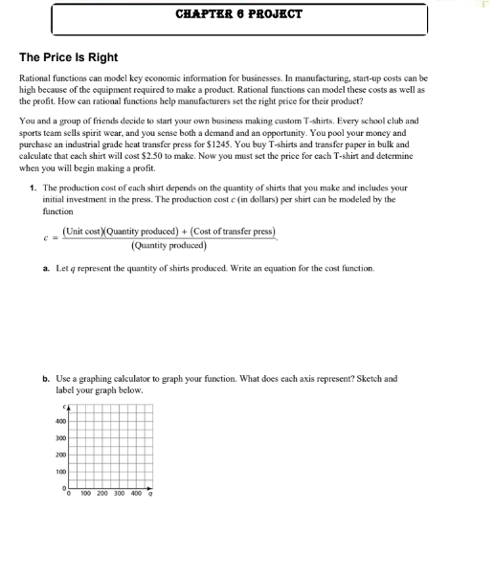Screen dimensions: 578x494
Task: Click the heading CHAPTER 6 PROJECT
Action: (x=239, y=14)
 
